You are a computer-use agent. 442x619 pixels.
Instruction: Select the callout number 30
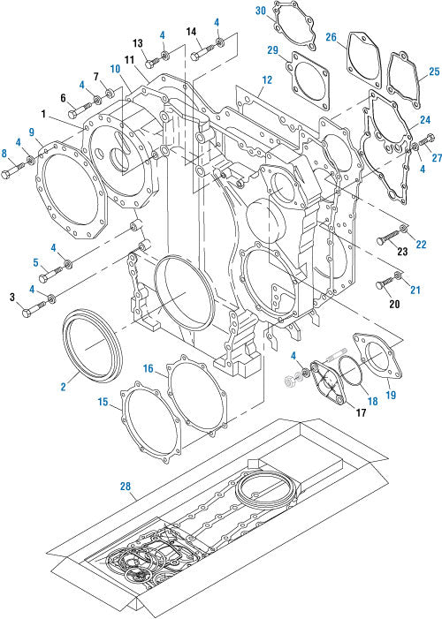260,11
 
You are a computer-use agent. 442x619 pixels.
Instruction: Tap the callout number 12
267,79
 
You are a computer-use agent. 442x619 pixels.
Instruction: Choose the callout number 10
115,68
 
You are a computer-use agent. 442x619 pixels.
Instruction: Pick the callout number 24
425,119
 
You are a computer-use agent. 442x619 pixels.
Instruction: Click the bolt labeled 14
199,53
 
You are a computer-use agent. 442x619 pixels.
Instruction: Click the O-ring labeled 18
352,371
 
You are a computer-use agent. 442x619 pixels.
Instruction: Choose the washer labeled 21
399,278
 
